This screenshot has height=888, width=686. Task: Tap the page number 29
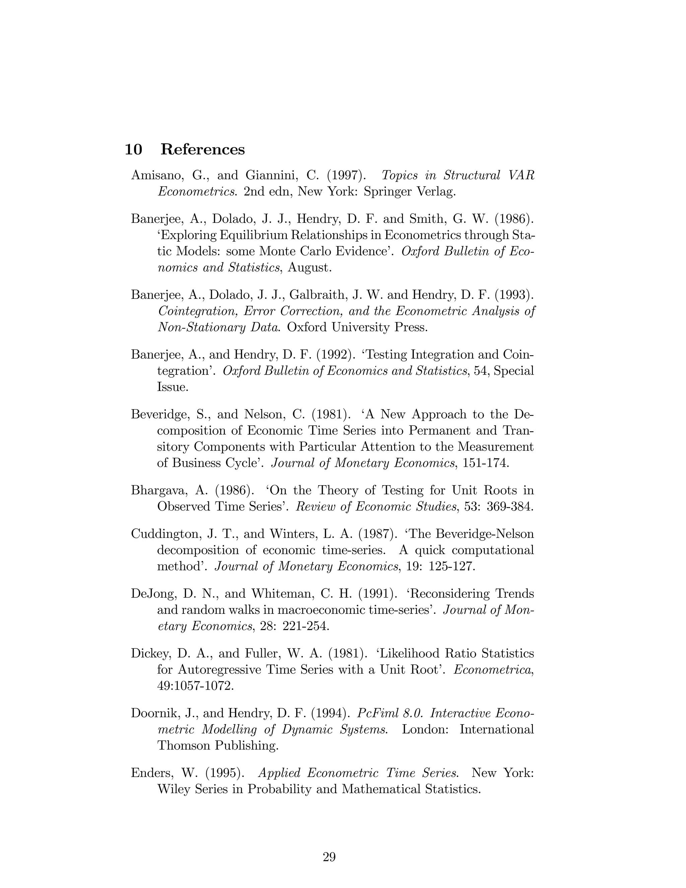(329, 857)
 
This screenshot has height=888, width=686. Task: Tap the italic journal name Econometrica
(492, 670)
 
